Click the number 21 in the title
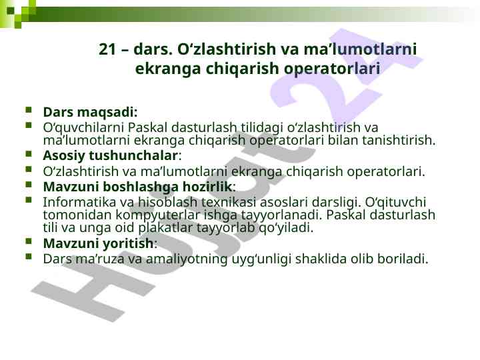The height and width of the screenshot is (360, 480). (x=107, y=49)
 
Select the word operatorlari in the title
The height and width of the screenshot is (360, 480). (x=332, y=69)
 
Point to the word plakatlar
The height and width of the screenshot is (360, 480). (x=165, y=228)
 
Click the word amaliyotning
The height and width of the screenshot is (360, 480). (x=187, y=259)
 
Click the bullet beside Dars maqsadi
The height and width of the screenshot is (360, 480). (x=29, y=109)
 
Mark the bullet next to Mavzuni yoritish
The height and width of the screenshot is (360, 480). (x=29, y=241)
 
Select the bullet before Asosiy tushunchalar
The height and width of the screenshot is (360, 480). (x=29, y=153)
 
